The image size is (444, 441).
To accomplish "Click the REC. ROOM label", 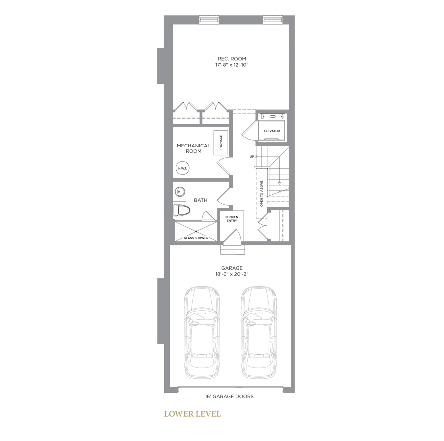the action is coord(232,59).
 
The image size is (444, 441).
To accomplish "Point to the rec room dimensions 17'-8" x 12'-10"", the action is coord(232,65).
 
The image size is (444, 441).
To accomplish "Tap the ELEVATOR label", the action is coord(272,131).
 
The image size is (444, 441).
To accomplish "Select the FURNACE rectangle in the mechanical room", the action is coord(221,143).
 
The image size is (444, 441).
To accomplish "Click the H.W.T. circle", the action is coord(183,168).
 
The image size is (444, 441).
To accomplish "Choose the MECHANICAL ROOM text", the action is coord(194,148).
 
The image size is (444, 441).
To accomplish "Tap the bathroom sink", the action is coord(179,192).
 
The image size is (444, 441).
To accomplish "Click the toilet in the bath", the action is coord(182,210).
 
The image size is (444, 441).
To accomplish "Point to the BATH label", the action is coord(200,200).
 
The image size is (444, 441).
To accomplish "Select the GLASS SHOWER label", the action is coord(196,238).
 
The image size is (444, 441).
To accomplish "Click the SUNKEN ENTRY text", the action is coord(232,219).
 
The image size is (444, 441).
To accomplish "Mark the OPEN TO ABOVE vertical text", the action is coord(261,194).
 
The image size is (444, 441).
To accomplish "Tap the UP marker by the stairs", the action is coord(252,156).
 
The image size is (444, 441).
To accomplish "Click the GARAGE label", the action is coord(232,268).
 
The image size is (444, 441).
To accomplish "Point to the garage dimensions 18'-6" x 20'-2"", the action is coord(232,274).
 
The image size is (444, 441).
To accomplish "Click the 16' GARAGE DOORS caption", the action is coord(229,397).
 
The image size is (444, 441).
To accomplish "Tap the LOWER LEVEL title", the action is coord(192,414).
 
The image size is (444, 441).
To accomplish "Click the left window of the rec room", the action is coord(209,19).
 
